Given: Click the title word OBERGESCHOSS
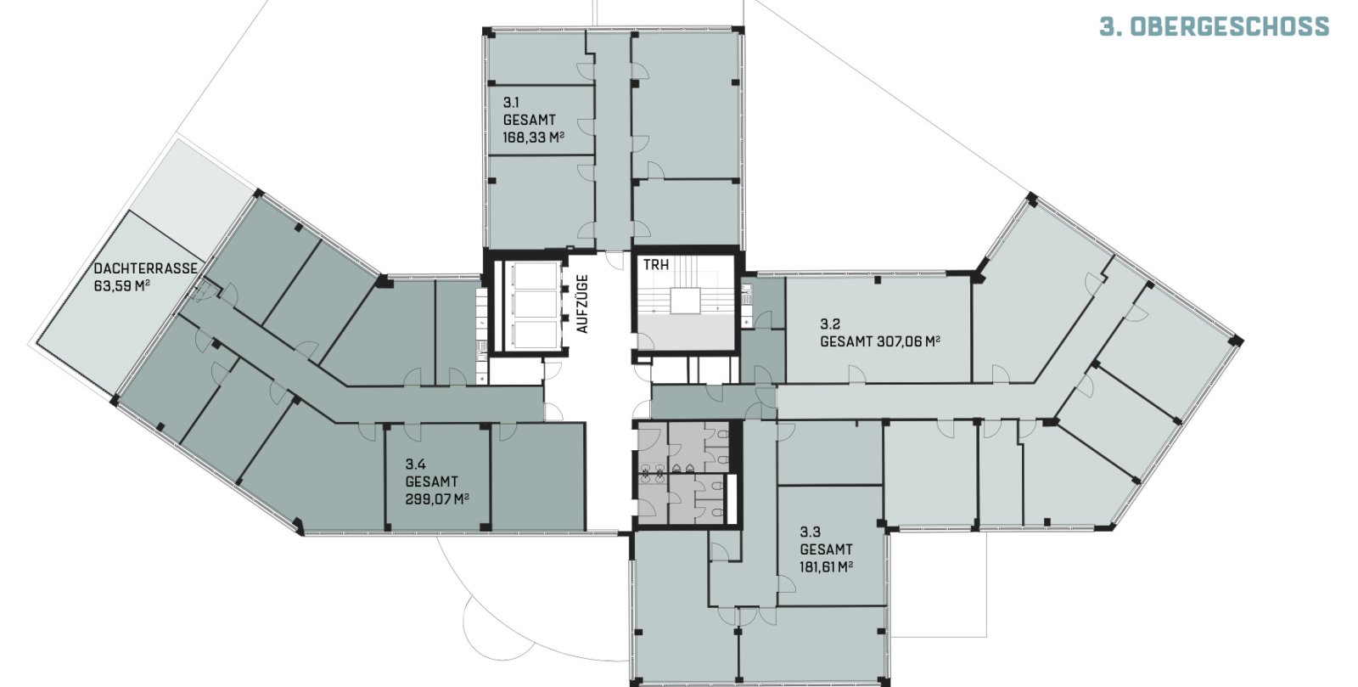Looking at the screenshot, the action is (1231, 27).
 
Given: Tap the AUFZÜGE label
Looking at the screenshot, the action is (582, 304).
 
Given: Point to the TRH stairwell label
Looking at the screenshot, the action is (656, 265).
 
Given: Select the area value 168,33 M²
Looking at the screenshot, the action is (534, 138).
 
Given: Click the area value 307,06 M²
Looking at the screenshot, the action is (908, 342).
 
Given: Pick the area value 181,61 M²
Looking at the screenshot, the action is (827, 567).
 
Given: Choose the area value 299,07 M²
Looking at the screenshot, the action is (437, 499).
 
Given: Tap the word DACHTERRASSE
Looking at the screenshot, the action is (145, 268).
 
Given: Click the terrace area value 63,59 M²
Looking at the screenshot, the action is (122, 285).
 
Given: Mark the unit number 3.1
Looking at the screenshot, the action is (511, 103).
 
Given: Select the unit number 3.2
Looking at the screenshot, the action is (830, 324).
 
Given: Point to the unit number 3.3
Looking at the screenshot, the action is (810, 532).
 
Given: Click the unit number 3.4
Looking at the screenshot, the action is (415, 465).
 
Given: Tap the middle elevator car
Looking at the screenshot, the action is (535, 305).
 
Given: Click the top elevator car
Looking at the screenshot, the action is (535, 276).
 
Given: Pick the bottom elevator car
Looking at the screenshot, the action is (535, 335).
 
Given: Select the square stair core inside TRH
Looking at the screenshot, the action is (685, 301).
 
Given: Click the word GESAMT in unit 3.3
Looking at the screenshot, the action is (826, 550).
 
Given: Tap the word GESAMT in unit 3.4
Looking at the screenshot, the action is (431, 482).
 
